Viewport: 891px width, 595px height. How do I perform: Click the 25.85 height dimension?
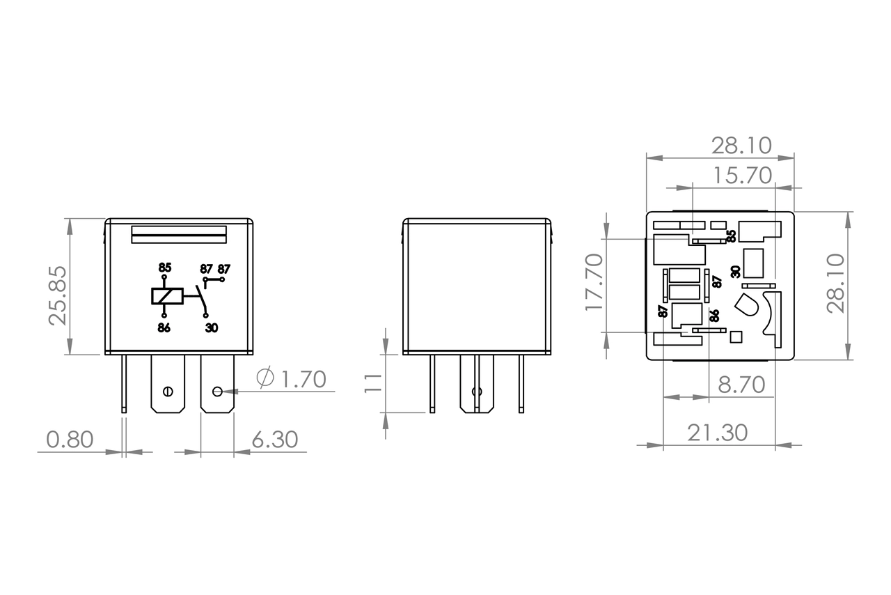coord(59,295)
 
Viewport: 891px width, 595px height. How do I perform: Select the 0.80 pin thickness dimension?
coord(70,440)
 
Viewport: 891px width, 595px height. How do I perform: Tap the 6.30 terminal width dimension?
coord(274,440)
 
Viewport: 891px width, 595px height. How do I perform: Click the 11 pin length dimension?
coord(374,382)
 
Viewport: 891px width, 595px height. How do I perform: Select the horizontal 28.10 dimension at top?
coord(741,146)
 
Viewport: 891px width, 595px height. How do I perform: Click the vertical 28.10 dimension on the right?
coord(835,283)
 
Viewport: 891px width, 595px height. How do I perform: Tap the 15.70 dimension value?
coord(741,176)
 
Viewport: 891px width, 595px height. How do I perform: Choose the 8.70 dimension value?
coord(741,385)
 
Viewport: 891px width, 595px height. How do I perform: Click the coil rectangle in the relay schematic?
coord(167,296)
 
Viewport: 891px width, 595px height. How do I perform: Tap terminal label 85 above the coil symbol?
coord(164,268)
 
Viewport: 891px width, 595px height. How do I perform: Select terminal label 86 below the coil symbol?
coord(164,328)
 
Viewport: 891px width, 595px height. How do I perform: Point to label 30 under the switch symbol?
coord(212,328)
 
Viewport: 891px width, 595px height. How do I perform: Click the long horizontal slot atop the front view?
coord(179,235)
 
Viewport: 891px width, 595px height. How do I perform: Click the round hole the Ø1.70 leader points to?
coord(217,391)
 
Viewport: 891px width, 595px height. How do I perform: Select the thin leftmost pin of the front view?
coord(124,383)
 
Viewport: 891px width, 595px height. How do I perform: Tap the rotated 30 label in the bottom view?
coord(736,272)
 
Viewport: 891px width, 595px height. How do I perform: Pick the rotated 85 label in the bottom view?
coord(731,236)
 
